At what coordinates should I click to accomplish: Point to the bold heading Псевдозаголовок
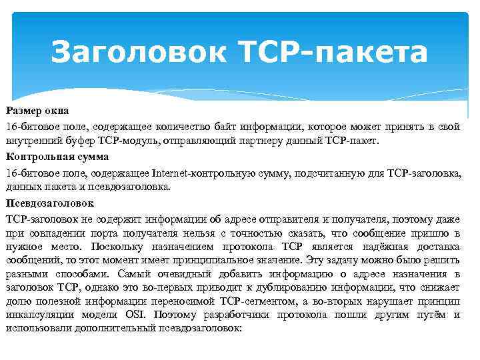(x=50, y=203)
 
